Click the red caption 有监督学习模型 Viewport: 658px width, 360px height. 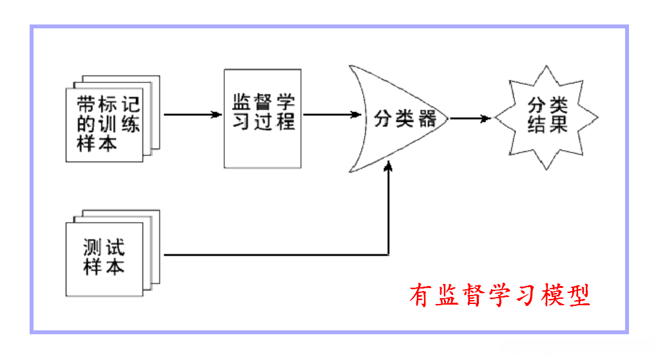499,296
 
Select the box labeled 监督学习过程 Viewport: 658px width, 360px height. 262,118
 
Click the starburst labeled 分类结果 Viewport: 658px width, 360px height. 547,117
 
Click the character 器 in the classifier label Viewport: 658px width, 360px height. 426,118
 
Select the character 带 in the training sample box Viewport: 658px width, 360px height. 88,105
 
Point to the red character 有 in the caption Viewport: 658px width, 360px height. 421,296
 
